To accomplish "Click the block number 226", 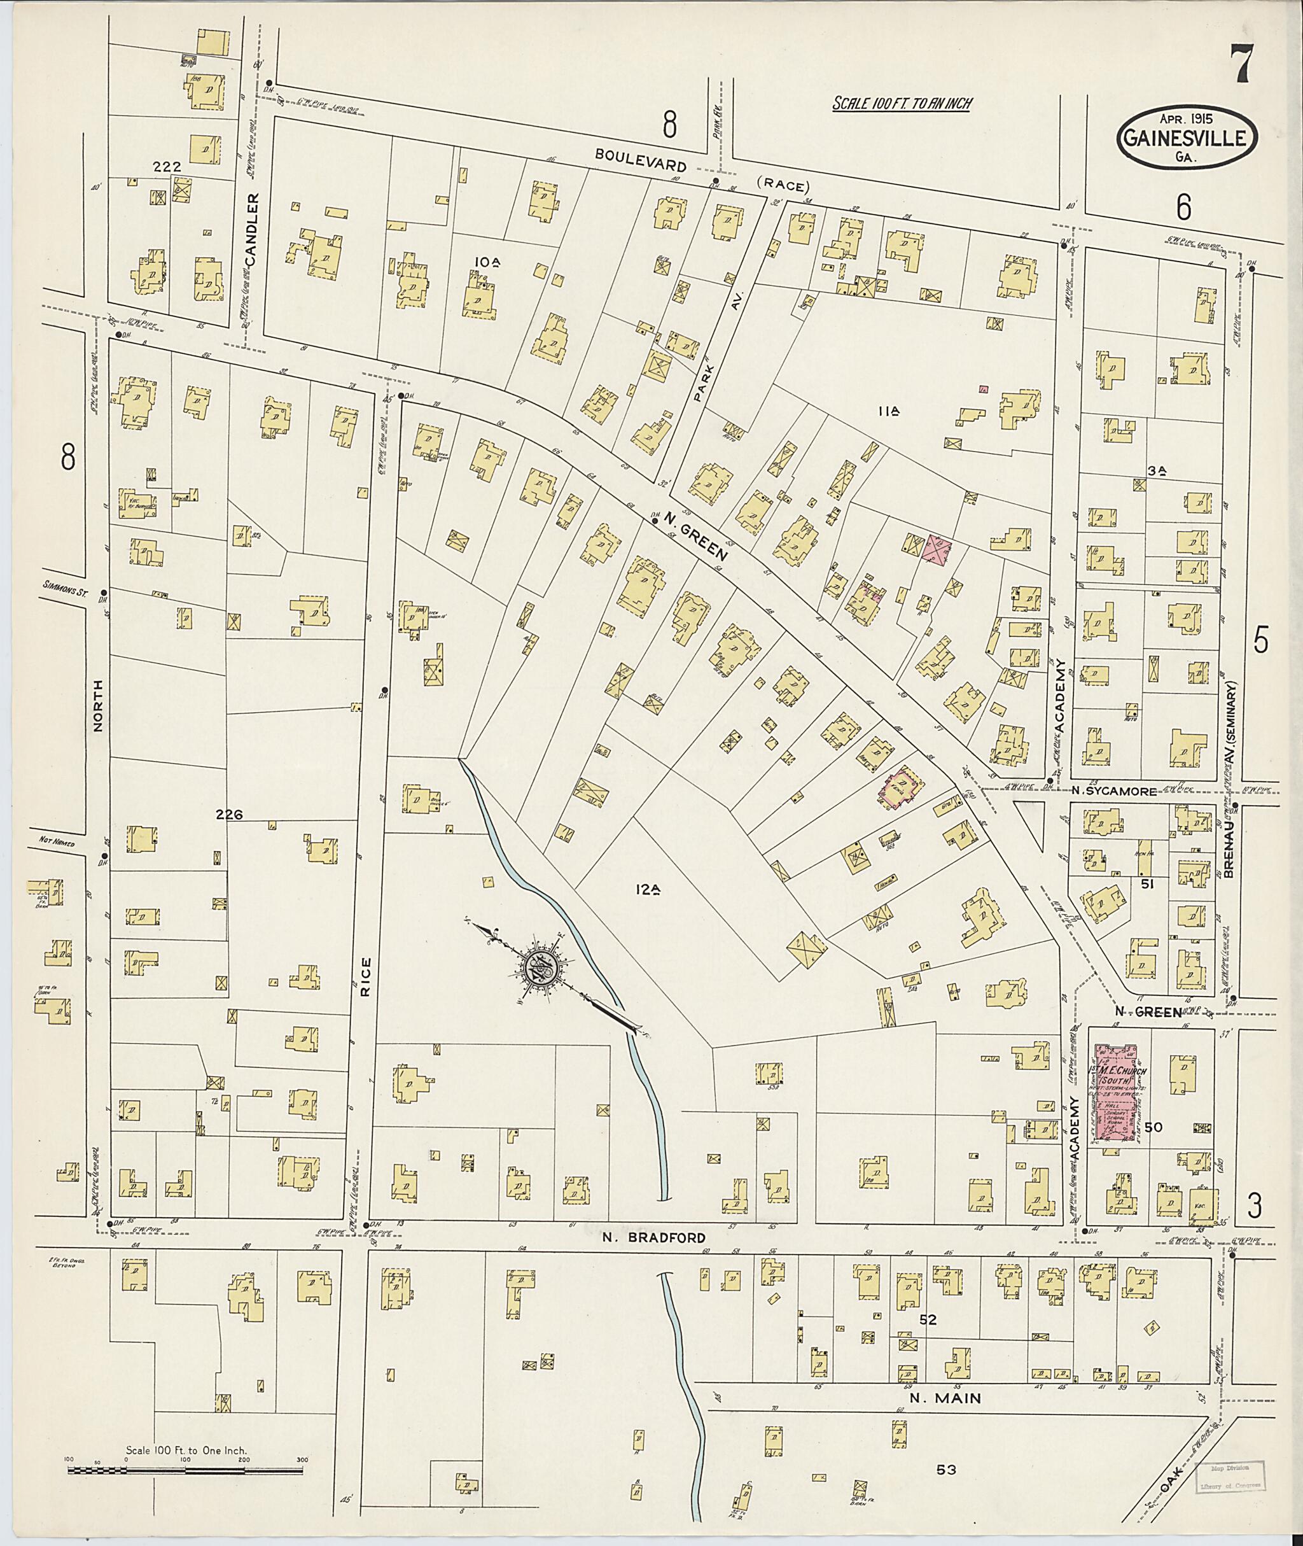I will (x=229, y=815).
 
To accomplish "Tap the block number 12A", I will (x=646, y=891).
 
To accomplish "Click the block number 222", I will (x=167, y=168).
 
